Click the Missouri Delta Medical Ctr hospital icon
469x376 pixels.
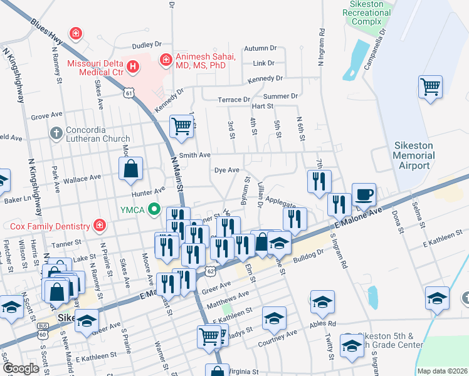pos(132,66)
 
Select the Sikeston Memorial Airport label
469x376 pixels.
pos(413,155)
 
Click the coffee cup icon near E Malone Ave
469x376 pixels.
pos(363,195)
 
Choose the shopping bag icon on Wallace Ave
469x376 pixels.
pos(130,169)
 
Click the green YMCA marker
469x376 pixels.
pos(154,211)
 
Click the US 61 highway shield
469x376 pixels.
pos(129,93)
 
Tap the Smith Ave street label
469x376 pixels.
pos(194,155)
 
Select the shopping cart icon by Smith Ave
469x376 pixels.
pos(181,125)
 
